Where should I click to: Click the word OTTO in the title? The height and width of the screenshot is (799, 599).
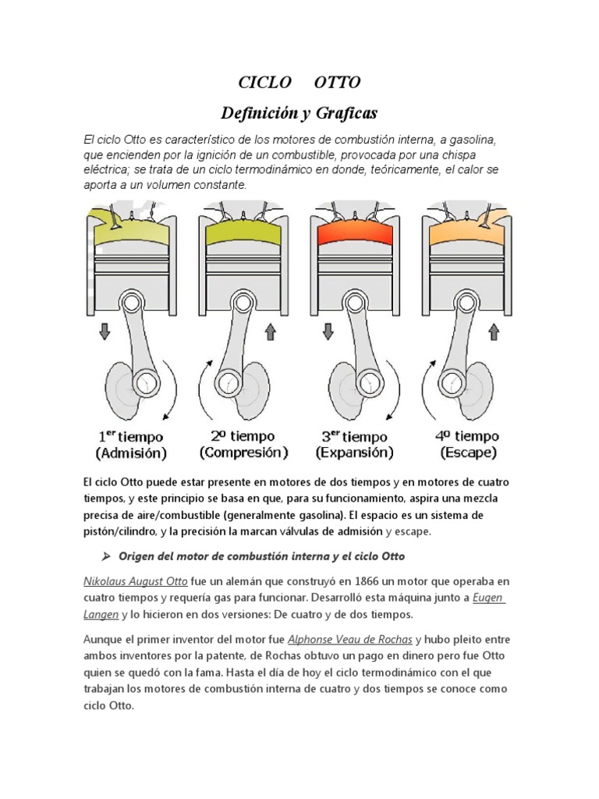pos(337,83)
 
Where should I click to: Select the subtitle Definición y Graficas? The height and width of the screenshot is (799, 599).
pos(299,114)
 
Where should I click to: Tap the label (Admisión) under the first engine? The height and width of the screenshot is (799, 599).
pos(130,453)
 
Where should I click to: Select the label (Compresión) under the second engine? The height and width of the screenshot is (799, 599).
pos(243,453)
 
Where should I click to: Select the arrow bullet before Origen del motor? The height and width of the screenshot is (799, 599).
pos(108,556)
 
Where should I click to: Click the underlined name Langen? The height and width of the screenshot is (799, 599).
pos(101,614)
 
